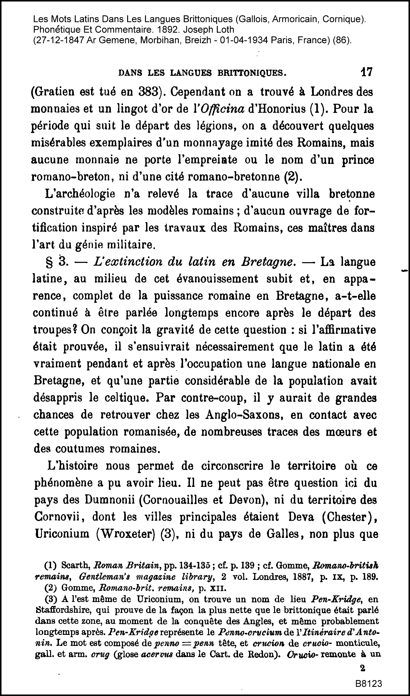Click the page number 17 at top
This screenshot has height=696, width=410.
click(367, 72)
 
